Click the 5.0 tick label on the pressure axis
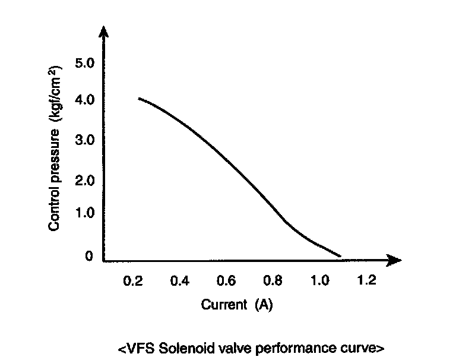(x=85, y=63)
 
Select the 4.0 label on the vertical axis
(x=85, y=100)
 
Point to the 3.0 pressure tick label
(x=85, y=140)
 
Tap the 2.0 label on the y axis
(x=85, y=181)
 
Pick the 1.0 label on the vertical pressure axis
(x=85, y=213)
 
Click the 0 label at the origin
(x=89, y=256)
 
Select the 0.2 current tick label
(x=133, y=281)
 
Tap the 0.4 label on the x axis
(x=180, y=281)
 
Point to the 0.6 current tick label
(x=226, y=280)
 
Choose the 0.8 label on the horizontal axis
(x=273, y=280)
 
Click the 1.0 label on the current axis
(x=319, y=280)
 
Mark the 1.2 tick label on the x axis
(x=366, y=280)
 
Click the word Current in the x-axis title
(x=224, y=304)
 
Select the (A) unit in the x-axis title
(x=264, y=305)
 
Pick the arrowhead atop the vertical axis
(x=103, y=31)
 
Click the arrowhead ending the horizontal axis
(x=394, y=260)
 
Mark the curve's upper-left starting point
(x=139, y=99)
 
